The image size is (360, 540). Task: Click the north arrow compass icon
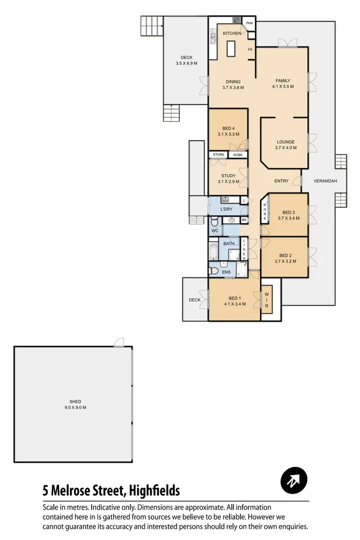click(293, 480)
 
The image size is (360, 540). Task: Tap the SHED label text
click(75, 401)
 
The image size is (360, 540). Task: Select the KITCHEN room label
click(232, 33)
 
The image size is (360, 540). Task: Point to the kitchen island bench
click(231, 48)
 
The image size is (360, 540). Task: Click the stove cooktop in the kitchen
click(236, 20)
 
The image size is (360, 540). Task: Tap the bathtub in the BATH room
click(213, 251)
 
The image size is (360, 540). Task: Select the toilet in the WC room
click(215, 221)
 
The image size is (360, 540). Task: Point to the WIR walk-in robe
click(266, 300)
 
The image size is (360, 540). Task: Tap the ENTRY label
click(281, 181)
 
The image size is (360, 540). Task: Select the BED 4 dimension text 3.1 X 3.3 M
click(228, 134)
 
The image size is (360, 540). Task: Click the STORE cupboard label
click(218, 155)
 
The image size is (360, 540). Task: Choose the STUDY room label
click(228, 176)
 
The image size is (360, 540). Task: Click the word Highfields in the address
click(152, 491)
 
